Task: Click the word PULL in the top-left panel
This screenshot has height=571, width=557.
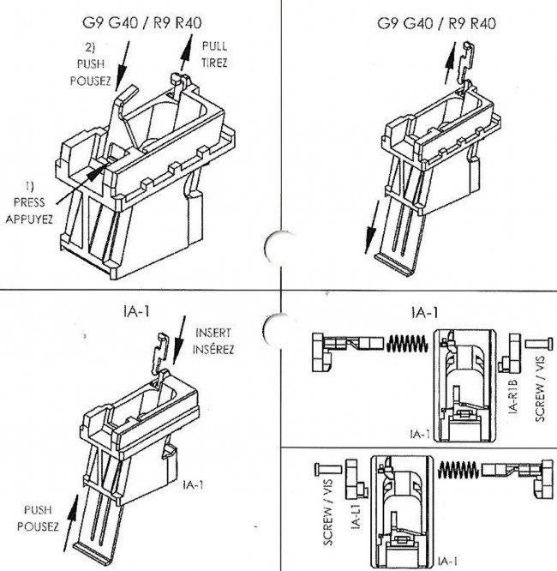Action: pyautogui.click(x=215, y=46)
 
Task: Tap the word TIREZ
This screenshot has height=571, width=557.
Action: pyautogui.click(x=214, y=63)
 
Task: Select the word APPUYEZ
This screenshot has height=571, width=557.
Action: pyautogui.click(x=29, y=219)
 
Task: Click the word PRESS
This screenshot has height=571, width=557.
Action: pyautogui.click(x=29, y=202)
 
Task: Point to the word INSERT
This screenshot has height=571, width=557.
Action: pyautogui.click(x=213, y=333)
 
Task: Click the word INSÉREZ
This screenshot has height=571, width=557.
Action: pyautogui.click(x=213, y=349)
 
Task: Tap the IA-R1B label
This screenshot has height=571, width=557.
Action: pyautogui.click(x=512, y=396)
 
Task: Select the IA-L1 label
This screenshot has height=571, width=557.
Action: pyautogui.click(x=356, y=515)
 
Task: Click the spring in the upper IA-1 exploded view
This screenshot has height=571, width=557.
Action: pyautogui.click(x=407, y=344)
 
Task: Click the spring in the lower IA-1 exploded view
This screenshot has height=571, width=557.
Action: pyautogui.click(x=458, y=470)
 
